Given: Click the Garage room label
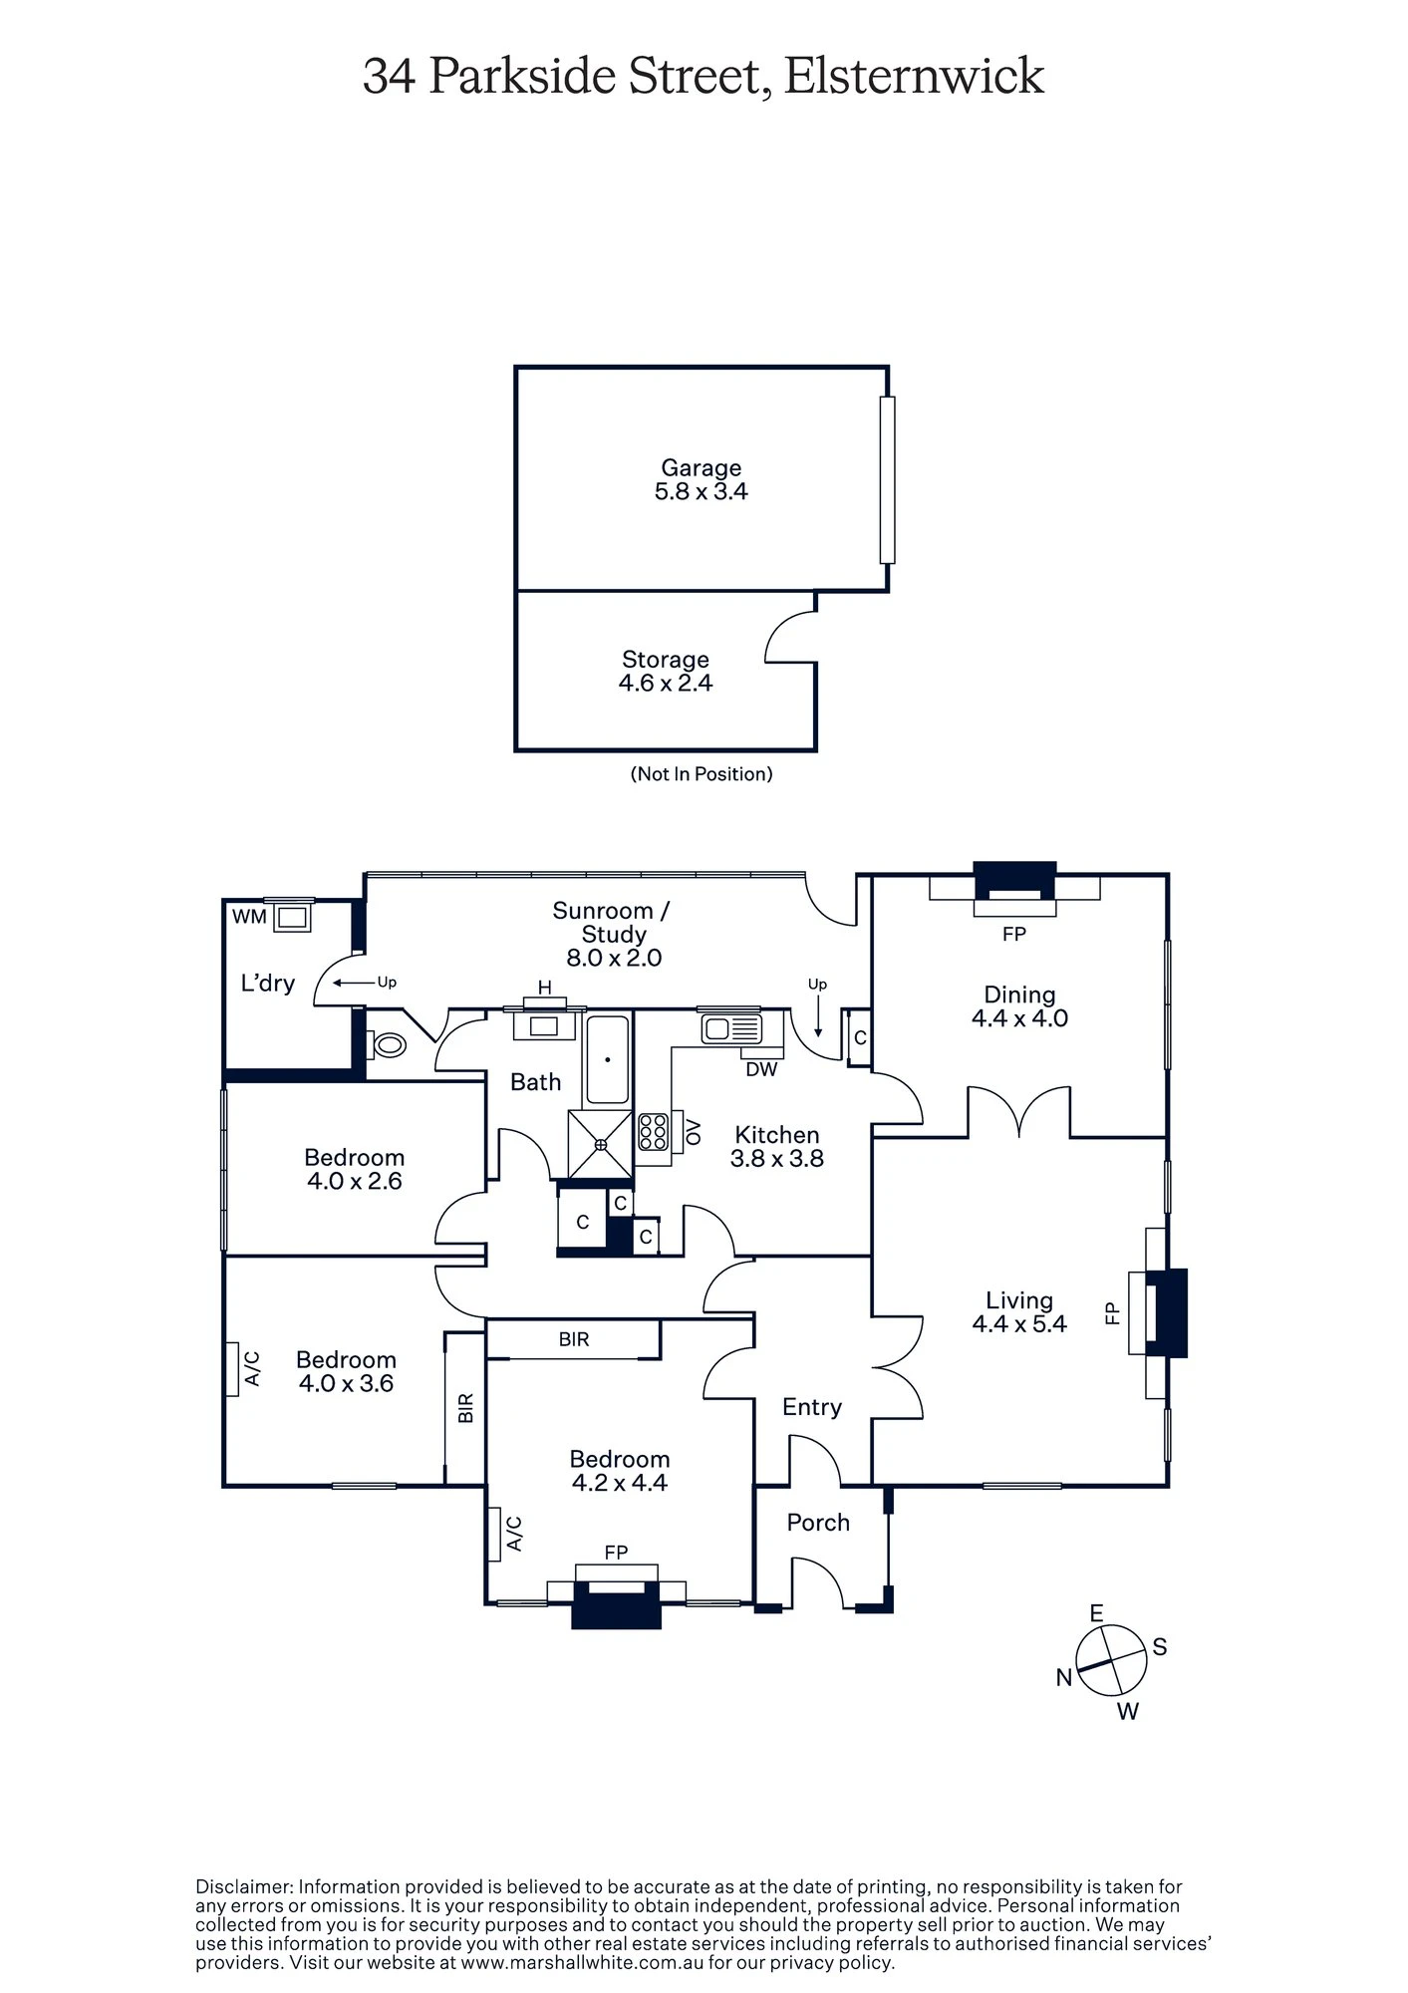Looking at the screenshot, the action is pos(702,467).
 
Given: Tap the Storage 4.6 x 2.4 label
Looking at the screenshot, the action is pos(666,671).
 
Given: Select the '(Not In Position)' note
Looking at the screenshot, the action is pos(702,773).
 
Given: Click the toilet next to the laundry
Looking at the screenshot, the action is pos(387,1045).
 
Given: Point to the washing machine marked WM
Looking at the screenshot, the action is pos(294,915).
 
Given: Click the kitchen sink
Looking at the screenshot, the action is pos(731,1027).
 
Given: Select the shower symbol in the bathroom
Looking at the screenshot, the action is pos(600,1144).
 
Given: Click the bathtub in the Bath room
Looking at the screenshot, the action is pos(607,1060).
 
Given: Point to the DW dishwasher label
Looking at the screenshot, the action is pos(761,1070).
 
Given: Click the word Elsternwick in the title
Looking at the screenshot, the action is pos(914,76).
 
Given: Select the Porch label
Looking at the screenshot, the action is pos(818,1522).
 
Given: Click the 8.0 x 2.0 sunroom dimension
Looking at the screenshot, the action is pos(614,958).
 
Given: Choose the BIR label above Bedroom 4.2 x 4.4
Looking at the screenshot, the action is pos(574,1339).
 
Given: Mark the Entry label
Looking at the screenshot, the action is pos(812,1406).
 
